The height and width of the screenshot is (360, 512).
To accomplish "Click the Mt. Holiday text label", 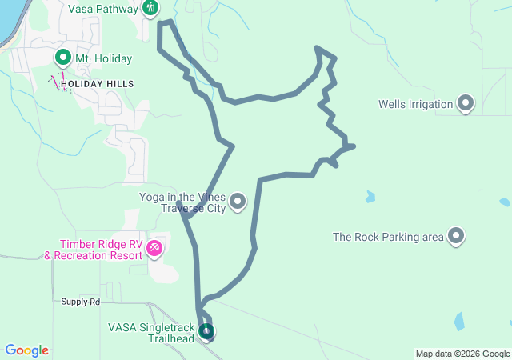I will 103,58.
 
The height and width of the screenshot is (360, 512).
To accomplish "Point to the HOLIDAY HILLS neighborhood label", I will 97,83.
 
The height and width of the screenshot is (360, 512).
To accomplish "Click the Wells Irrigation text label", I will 415,104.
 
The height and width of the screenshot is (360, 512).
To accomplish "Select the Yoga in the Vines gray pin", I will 238,202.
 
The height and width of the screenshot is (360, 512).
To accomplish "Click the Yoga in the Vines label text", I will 182,202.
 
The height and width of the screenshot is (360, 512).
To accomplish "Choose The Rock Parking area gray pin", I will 456,236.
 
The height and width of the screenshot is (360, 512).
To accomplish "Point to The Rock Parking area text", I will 388,237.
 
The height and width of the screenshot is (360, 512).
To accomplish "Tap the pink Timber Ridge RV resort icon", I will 154,250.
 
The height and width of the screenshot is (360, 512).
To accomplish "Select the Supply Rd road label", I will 81,302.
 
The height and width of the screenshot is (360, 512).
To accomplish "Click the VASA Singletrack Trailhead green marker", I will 206,330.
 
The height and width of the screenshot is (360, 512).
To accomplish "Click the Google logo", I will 26,350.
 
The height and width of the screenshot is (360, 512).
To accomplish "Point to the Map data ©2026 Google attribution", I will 462,354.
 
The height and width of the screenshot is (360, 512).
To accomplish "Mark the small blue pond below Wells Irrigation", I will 370,196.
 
